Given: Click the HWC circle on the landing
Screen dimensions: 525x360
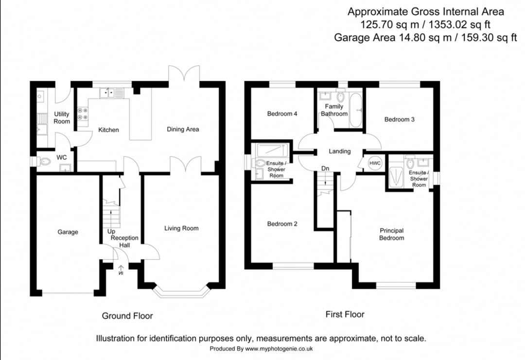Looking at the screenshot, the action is pyautogui.click(x=375, y=163).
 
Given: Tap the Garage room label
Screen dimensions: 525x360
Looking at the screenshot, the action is pyautogui.click(x=68, y=232).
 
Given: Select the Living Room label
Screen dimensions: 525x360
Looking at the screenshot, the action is pyautogui.click(x=181, y=228).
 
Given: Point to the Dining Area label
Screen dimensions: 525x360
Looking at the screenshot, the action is pyautogui.click(x=183, y=129).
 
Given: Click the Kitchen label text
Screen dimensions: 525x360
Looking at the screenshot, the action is pyautogui.click(x=108, y=130).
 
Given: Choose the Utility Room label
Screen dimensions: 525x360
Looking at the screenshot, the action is pyautogui.click(x=62, y=118).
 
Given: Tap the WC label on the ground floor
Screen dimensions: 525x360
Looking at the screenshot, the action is pyautogui.click(x=62, y=157).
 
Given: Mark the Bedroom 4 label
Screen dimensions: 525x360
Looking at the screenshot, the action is pyautogui.click(x=282, y=114).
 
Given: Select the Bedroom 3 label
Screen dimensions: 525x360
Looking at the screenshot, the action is pyautogui.click(x=399, y=119).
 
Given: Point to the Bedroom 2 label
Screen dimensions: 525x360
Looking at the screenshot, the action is pyautogui.click(x=282, y=224).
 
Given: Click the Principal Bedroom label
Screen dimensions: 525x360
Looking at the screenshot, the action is pyautogui.click(x=392, y=234).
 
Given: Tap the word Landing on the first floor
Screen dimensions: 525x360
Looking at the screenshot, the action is pyautogui.click(x=339, y=151).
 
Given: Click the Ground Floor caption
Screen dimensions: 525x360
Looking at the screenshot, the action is pyautogui.click(x=127, y=316).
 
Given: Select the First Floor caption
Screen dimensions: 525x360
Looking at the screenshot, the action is pyautogui.click(x=345, y=314).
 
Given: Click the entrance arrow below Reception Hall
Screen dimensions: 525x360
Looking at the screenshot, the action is pyautogui.click(x=121, y=269).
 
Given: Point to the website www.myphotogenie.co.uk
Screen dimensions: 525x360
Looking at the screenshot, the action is pyautogui.click(x=279, y=349).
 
